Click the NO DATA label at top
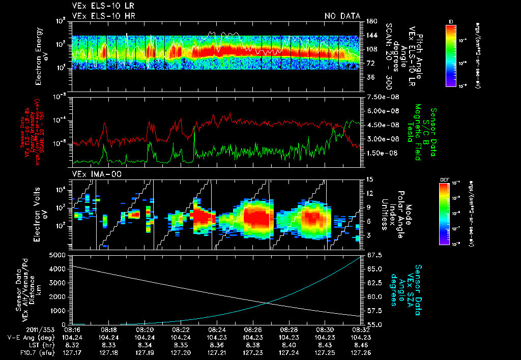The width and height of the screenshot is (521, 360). [x=342, y=16]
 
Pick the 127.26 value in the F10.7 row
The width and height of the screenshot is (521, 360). [x=360, y=351]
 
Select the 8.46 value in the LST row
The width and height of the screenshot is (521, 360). [x=360, y=344]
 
